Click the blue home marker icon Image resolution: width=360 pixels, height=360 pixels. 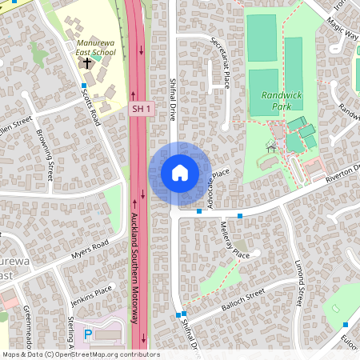click(x=180, y=173)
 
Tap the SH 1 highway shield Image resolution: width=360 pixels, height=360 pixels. click(x=141, y=107)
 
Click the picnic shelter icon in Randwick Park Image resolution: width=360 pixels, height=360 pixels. click(x=270, y=147)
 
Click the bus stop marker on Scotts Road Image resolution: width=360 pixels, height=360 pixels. click(x=84, y=86)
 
